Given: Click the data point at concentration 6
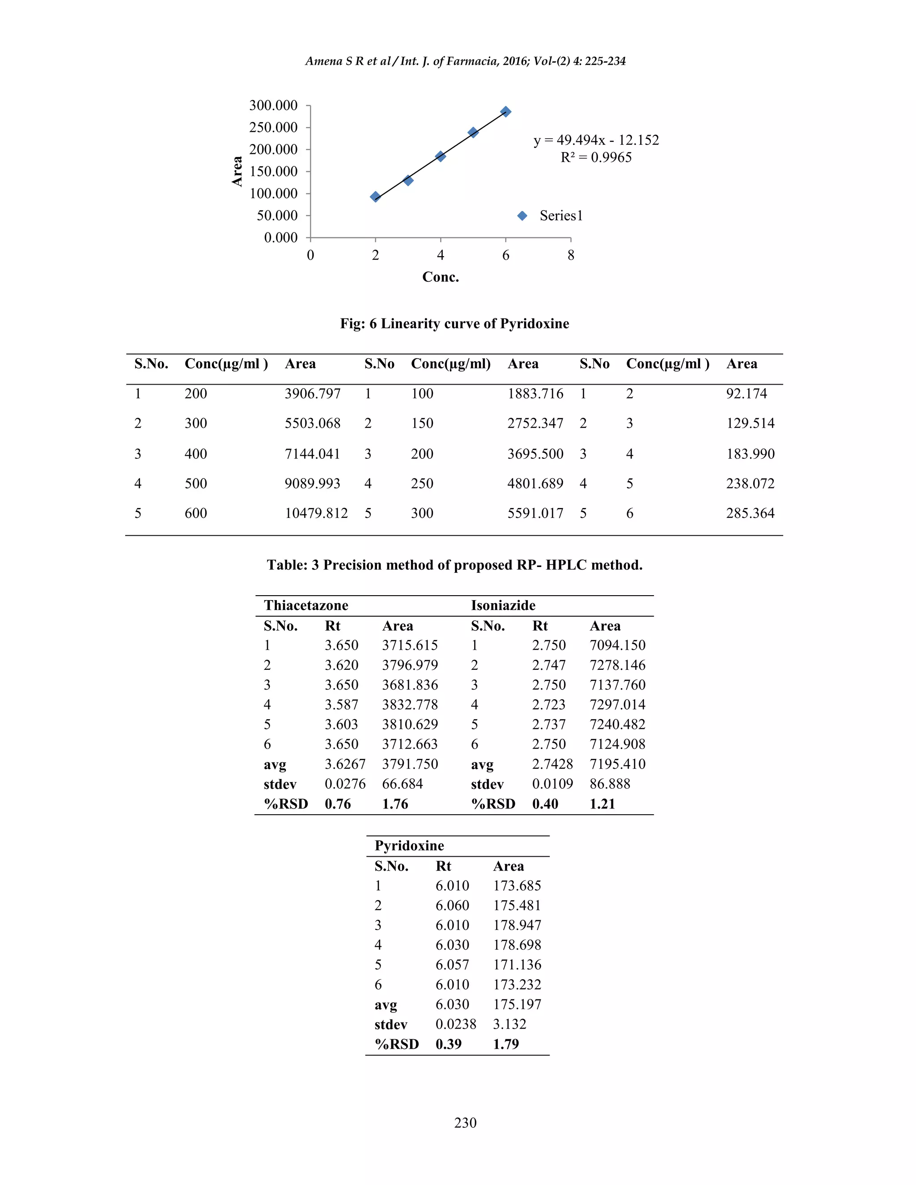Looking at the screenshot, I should pos(506,112).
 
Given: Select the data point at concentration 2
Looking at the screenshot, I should pos(375,196).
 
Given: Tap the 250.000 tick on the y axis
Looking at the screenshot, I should pos(273,127).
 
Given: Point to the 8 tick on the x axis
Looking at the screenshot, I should pos(571,255).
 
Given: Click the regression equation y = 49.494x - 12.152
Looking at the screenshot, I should pos(596,140).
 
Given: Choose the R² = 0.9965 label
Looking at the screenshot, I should pos(596,157).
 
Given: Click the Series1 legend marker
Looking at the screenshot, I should pos(522,216).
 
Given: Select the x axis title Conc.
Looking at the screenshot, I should pos(441,277).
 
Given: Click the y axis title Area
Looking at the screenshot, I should pos(237,171).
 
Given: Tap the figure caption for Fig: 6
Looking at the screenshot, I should pos(454,324).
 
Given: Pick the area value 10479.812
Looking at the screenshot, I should pos(316,513).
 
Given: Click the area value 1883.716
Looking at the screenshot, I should pos(535,394).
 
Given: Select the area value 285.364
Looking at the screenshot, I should pos(751,513).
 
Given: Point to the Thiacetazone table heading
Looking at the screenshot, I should pos(306,605).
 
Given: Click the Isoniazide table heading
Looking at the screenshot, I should pos(503,605).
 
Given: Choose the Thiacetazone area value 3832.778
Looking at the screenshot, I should pos(410,705).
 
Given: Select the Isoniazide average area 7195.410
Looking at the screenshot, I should pos(618,764).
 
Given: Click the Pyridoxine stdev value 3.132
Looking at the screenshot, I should pos(509,1024).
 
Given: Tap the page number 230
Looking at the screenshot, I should pos(465,1122).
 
